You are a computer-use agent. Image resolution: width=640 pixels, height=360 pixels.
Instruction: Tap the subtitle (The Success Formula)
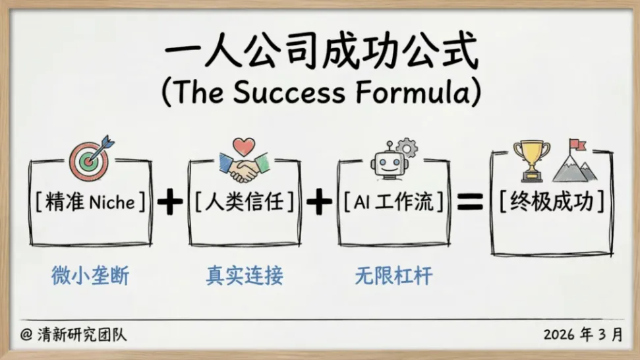tap(320, 93)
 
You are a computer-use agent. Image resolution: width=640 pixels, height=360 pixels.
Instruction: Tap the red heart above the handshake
tap(243, 146)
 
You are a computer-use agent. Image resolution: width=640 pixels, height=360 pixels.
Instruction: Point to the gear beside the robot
tap(407, 148)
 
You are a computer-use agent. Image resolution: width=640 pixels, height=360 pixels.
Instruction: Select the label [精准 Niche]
tap(91, 202)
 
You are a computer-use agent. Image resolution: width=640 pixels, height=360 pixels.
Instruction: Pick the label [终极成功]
tap(552, 202)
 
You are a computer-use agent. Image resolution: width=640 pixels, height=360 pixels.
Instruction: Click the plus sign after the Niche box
tap(169, 202)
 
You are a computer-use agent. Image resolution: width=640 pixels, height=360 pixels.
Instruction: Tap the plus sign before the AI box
tap(319, 202)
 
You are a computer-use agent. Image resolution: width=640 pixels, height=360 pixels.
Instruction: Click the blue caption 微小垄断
tap(90, 276)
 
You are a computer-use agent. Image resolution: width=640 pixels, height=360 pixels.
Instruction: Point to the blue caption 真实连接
tap(244, 276)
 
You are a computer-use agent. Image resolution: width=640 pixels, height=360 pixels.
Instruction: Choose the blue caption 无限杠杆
tap(393, 276)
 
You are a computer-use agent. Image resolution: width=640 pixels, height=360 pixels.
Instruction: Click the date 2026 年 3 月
tap(583, 334)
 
